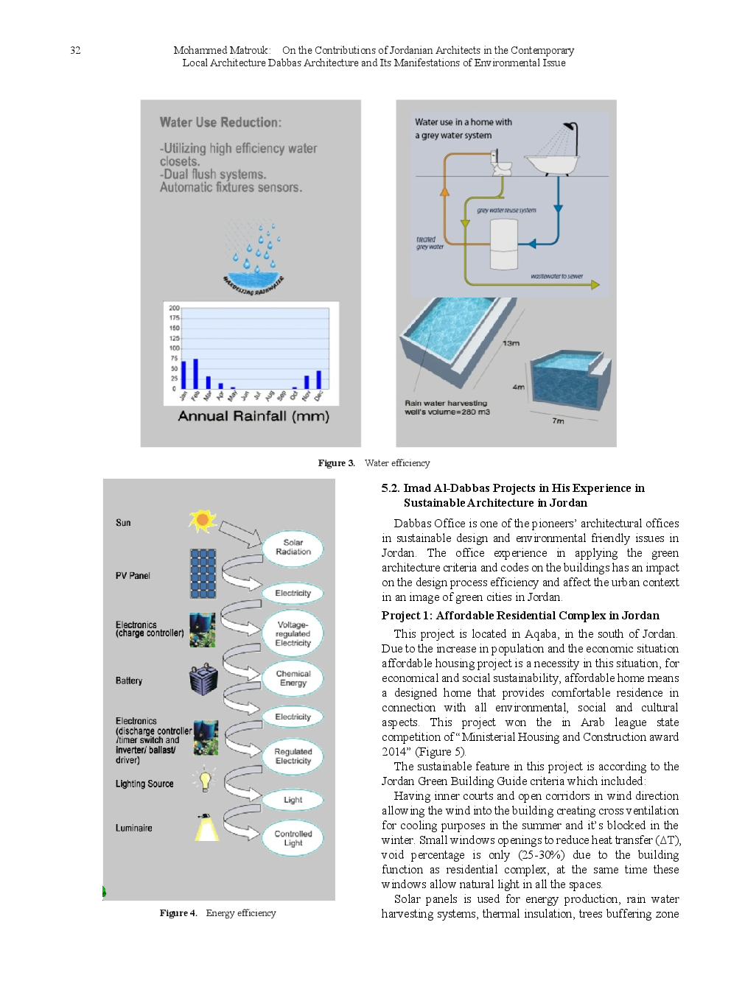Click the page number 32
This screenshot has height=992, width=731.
click(x=75, y=50)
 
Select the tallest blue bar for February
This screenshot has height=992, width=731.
click(x=195, y=373)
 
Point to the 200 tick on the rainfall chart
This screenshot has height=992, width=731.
click(x=174, y=308)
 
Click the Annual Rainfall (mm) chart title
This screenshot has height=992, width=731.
click(x=253, y=416)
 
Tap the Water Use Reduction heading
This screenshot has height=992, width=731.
click(x=220, y=122)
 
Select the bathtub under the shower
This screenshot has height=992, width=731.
click(x=550, y=163)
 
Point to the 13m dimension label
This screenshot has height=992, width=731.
click(x=511, y=343)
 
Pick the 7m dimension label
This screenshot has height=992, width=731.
click(x=558, y=421)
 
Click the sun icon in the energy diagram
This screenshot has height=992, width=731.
click(x=202, y=521)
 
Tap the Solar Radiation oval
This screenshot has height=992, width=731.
click(x=293, y=547)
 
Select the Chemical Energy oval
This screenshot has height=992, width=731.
click(x=293, y=678)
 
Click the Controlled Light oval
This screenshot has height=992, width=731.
click(x=293, y=838)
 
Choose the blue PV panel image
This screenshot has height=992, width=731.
click(x=203, y=574)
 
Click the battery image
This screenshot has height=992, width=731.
click(x=203, y=680)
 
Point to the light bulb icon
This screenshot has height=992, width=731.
click(x=205, y=779)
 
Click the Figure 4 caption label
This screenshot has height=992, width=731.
click(x=178, y=913)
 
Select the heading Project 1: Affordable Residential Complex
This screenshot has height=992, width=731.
click(x=520, y=616)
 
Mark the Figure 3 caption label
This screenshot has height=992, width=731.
click(x=336, y=463)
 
